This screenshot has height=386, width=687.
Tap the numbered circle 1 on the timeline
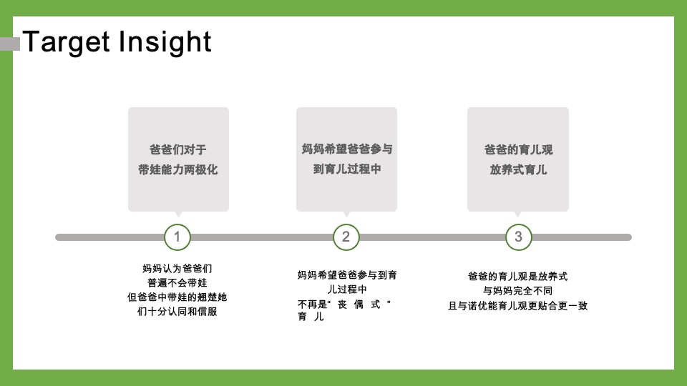pos(177,237)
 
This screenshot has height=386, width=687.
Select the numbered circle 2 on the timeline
pos(346,237)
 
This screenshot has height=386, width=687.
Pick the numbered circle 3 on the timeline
pos(518,237)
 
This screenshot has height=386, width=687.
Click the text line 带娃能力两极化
pos(178,170)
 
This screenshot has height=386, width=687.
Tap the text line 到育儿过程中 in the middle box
pos(347,170)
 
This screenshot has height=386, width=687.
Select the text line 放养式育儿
pos(518,170)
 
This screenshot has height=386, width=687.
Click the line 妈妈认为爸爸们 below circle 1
pos(177,269)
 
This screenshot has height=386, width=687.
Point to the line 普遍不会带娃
pos(177,283)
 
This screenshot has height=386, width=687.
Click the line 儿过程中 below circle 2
pos(346,289)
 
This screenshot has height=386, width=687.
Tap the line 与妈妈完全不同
pos(518,291)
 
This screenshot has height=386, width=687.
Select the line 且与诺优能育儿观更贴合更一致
pos(518,306)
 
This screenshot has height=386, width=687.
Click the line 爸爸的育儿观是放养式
pos(518,276)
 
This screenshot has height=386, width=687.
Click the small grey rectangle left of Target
pos(10,44)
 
